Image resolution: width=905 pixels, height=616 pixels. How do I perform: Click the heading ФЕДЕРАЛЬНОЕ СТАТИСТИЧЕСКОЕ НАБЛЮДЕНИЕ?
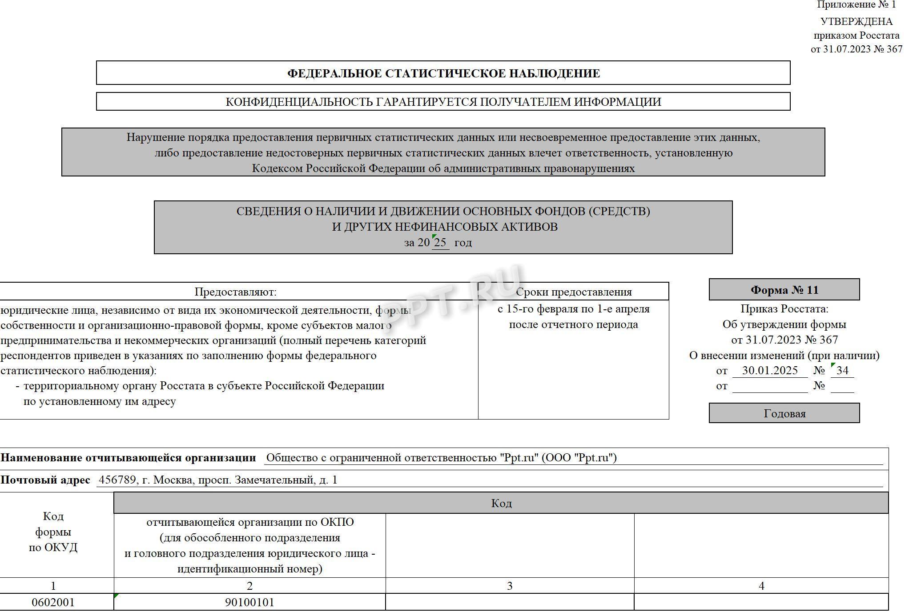tap(443, 73)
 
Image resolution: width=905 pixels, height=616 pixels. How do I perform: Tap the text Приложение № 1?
tap(856, 5)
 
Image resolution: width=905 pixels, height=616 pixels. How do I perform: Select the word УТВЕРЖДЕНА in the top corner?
tap(856, 21)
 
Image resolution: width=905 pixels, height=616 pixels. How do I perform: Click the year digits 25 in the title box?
tap(440, 243)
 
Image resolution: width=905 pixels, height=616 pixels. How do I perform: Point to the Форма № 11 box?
tap(784, 290)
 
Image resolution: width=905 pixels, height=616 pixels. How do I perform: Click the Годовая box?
tap(784, 414)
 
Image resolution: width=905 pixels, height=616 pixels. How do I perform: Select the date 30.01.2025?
tap(770, 371)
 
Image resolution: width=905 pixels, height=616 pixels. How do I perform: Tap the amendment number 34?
tap(842, 371)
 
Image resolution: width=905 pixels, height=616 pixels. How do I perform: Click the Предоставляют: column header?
tap(235, 292)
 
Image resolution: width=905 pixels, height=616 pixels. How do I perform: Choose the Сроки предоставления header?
tap(573, 292)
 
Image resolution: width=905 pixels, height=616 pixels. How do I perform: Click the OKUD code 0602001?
tap(53, 603)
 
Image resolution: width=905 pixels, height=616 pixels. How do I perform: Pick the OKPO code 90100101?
tap(249, 603)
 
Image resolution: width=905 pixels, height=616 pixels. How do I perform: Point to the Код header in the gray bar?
tap(501, 503)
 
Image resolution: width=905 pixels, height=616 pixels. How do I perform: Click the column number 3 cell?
tap(510, 586)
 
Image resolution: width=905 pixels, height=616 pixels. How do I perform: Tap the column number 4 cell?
tap(761, 586)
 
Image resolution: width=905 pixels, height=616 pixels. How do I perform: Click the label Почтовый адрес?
tap(45, 480)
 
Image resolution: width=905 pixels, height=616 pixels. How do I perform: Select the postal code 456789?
tap(117, 480)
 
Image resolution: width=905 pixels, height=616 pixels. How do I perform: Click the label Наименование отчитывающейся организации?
tap(128, 458)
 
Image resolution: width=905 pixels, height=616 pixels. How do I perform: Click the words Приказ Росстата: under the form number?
tap(784, 309)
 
